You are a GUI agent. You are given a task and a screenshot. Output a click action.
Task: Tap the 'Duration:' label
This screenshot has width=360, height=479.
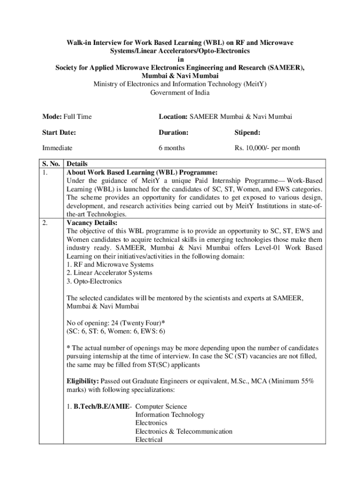[x=173, y=132]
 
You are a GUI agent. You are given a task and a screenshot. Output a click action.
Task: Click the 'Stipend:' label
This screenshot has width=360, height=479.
[x=247, y=132]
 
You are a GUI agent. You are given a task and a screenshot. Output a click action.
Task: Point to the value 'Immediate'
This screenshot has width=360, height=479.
[x=57, y=148]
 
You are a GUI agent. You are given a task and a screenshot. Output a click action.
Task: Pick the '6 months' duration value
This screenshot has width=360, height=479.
[x=172, y=148]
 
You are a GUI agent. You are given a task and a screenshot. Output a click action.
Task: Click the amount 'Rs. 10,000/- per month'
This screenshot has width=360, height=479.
[x=267, y=148]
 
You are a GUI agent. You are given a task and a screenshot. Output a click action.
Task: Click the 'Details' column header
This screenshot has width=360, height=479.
[x=77, y=164]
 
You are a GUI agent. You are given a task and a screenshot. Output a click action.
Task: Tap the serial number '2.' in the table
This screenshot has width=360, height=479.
[x=45, y=223]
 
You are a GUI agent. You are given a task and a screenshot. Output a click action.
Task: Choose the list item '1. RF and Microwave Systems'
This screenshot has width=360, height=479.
[x=103, y=265]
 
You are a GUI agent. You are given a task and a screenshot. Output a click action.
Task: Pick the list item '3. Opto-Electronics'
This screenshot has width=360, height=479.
[x=94, y=281]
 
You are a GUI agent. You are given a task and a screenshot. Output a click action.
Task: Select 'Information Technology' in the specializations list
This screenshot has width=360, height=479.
[x=170, y=415]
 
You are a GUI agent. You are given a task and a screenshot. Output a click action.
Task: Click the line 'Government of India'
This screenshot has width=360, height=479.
[x=180, y=93]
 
